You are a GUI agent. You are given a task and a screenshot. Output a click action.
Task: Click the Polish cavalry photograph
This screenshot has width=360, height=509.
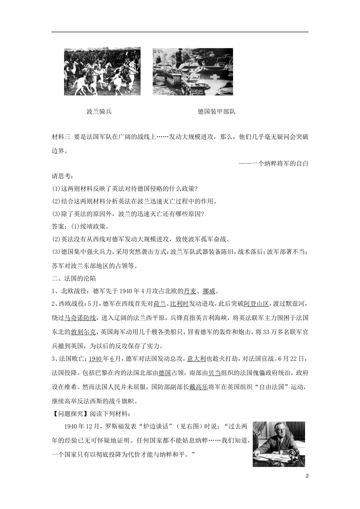(x=102, y=71)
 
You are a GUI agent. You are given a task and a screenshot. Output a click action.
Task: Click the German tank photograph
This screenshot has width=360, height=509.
(x=193, y=72)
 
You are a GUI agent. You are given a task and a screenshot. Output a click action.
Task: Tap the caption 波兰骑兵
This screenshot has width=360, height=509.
(x=99, y=111)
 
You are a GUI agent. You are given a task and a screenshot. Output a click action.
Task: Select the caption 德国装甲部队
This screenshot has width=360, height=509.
(x=216, y=111)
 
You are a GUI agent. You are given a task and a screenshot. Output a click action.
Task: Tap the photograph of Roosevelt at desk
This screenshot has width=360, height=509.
(x=279, y=444)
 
